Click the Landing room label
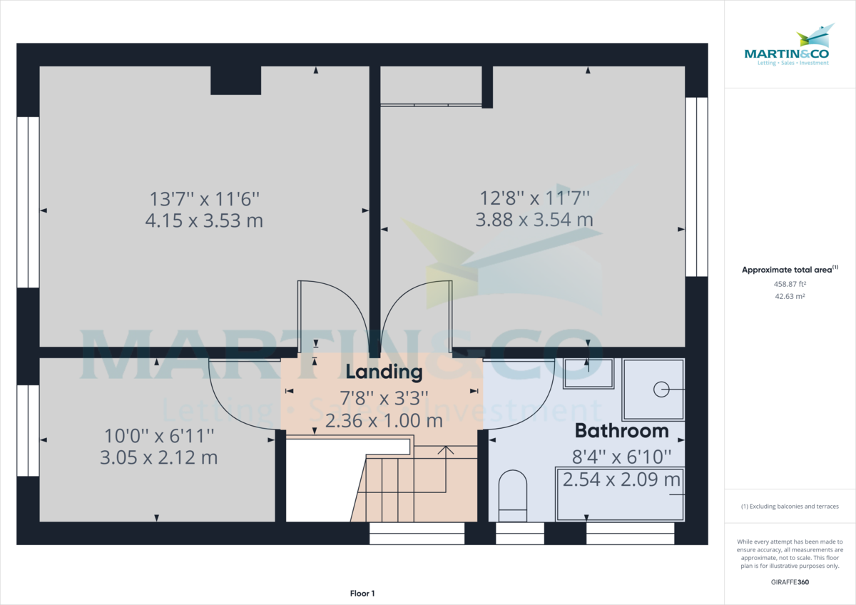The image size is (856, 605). [x=384, y=372]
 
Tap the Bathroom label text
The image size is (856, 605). [x=621, y=431]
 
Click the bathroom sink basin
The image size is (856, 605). [x=588, y=373]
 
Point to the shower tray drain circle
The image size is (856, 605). [x=661, y=389]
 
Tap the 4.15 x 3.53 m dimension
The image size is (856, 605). [x=204, y=220]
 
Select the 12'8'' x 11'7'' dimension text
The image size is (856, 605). [x=534, y=197]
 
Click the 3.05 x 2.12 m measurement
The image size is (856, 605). [x=159, y=457]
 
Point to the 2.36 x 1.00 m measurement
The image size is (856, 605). [x=384, y=420]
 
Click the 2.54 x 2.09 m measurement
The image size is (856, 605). [x=621, y=479]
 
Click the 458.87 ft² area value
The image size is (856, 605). [x=790, y=284]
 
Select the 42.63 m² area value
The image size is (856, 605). [x=790, y=295]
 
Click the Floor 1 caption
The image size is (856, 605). [x=362, y=593]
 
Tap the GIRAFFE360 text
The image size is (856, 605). [x=790, y=582]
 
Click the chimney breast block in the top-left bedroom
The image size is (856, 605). [x=235, y=81]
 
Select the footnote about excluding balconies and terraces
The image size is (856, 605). [x=790, y=507]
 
